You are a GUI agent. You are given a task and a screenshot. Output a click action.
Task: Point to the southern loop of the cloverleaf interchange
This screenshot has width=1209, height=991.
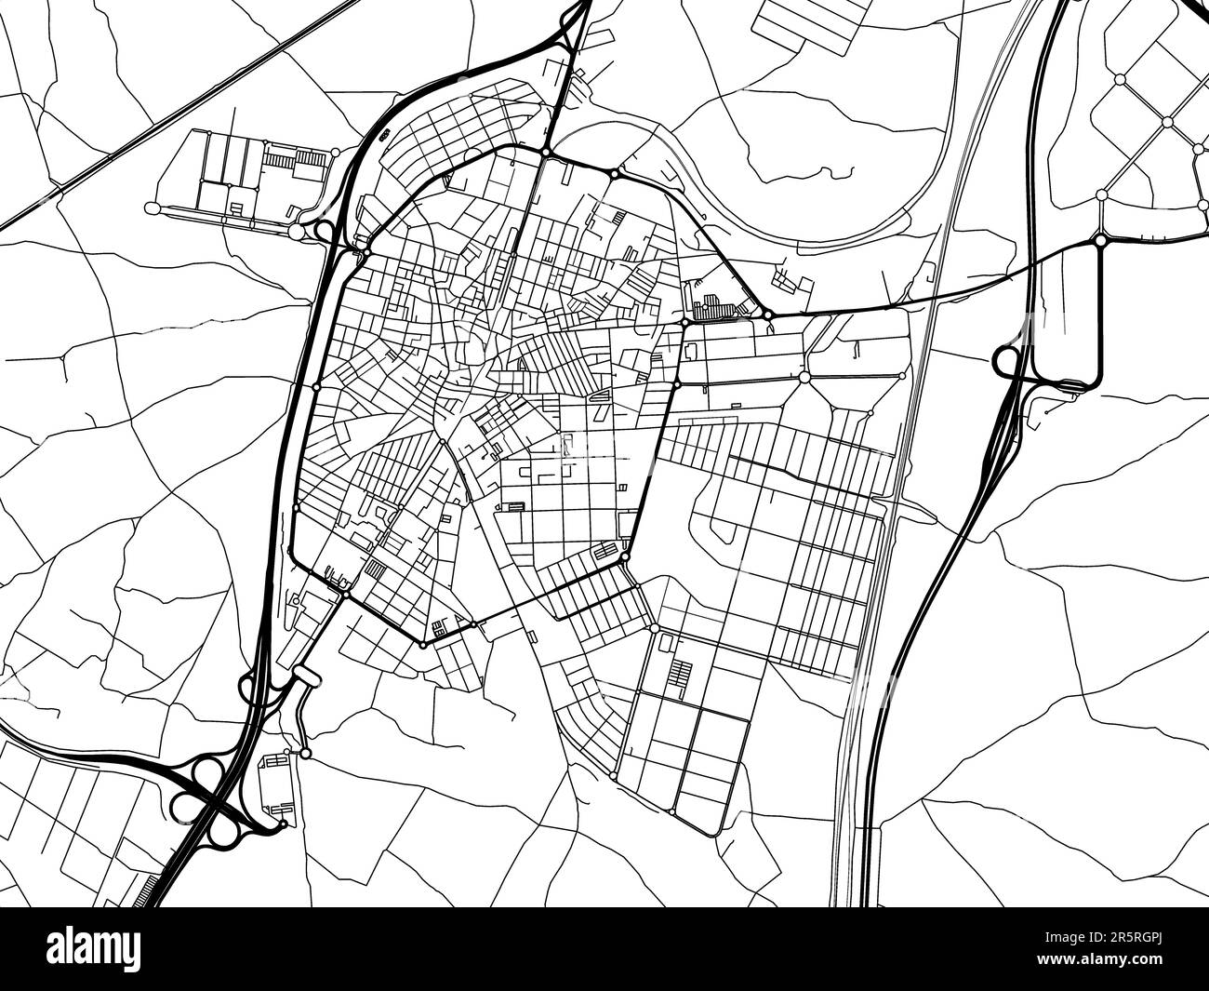221,831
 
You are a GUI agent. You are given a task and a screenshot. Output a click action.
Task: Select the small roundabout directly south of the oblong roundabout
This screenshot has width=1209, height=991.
306,753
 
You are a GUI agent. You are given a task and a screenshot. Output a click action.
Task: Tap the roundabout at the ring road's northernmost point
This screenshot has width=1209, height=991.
546,153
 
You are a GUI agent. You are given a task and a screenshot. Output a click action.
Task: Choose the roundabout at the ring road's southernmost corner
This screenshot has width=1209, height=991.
423,644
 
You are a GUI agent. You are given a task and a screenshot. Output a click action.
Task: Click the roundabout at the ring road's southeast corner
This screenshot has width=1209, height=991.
625,556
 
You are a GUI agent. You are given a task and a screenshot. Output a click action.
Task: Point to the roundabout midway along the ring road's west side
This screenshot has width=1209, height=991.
316,386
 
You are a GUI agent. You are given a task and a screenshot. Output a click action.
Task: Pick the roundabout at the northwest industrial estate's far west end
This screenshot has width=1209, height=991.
154,207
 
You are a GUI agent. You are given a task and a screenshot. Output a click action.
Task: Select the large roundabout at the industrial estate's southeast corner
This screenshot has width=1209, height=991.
297,231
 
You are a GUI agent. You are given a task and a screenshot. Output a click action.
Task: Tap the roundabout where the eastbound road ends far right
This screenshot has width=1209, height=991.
1100,240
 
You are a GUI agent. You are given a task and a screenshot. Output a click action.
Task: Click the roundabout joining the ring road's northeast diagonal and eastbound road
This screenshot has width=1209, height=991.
767,315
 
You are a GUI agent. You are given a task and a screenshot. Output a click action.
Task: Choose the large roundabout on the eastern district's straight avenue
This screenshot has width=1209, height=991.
804,377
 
